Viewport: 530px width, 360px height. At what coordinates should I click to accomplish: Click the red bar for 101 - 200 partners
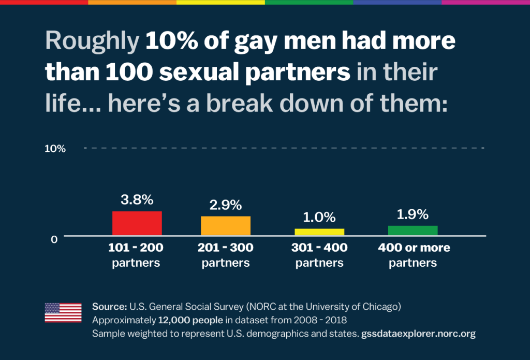pos(137,223)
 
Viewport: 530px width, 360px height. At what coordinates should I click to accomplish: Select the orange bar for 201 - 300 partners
pos(226,226)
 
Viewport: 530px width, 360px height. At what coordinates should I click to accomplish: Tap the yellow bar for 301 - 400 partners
pos(319,232)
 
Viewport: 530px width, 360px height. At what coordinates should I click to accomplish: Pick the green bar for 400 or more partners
pos(413,231)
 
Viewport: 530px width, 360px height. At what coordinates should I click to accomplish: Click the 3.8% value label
pos(137,199)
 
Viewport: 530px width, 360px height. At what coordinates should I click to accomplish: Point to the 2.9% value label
pos(226,205)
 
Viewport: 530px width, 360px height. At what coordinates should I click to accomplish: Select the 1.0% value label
pos(319,217)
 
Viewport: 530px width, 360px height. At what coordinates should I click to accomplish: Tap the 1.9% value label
pos(413,214)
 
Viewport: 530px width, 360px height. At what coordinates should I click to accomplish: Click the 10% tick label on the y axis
pos(55,149)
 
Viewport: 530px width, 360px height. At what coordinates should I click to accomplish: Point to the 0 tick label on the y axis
pos(54,240)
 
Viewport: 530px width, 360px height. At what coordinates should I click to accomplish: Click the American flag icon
pos(63,313)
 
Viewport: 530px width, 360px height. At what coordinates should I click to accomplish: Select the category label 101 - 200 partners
pos(136,255)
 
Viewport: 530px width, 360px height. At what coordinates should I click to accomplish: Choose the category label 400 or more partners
pos(414,255)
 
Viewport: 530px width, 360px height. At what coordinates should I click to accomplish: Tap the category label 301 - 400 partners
pos(319,255)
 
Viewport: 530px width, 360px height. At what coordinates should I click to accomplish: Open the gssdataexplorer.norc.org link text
pos(417,334)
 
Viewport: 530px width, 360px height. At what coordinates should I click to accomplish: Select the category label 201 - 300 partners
pos(226,255)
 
